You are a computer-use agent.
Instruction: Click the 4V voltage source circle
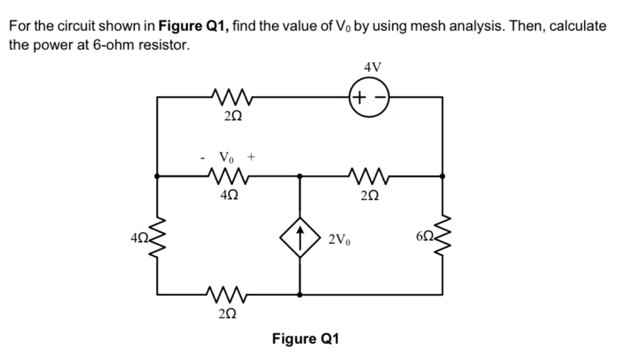[371, 97]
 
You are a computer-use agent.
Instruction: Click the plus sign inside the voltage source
[362, 97]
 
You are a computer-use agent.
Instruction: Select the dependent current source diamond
[301, 236]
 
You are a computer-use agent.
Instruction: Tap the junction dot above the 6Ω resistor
[443, 176]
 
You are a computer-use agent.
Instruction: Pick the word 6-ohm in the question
[115, 45]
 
